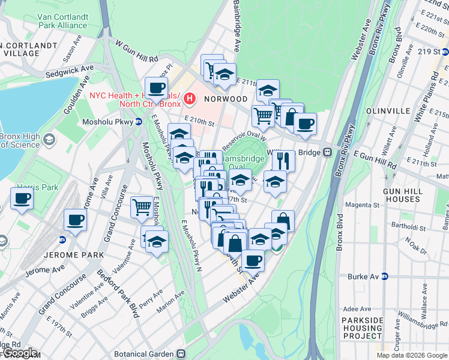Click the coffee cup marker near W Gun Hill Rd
(156, 88)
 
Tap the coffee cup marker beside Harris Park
(22, 199)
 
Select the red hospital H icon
(190, 97)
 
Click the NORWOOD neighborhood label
(225, 98)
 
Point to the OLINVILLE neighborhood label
(391, 112)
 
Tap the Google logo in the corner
(19, 353)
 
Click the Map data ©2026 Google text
(411, 355)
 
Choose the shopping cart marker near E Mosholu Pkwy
(142, 207)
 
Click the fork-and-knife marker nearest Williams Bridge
(283, 160)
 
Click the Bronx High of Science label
(19, 141)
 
